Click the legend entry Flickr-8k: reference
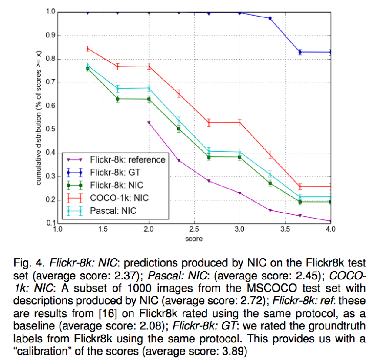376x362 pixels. click(x=128, y=159)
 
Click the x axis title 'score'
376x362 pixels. click(x=193, y=238)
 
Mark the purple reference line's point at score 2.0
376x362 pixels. click(x=149, y=123)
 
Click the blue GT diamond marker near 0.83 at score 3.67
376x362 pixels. click(x=300, y=52)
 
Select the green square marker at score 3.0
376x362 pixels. click(x=239, y=157)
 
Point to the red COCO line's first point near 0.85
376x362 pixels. click(x=88, y=49)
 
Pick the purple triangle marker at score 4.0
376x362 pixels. click(x=330, y=221)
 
